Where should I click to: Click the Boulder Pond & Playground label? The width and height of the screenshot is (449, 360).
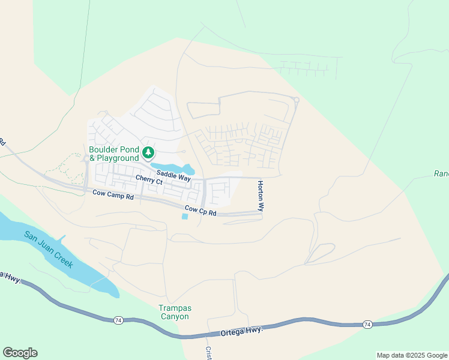tap(114, 154)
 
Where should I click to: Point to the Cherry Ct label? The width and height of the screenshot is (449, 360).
tap(149, 179)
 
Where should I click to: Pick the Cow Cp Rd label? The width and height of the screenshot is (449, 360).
tap(200, 211)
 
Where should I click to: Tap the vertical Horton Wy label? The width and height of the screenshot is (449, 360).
tap(261, 196)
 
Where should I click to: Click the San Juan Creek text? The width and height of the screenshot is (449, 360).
tap(49, 248)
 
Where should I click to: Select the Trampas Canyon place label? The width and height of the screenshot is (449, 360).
tap(174, 312)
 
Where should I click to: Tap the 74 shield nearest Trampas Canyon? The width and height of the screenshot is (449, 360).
tap(118, 321)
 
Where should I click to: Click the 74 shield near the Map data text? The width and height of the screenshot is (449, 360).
tap(367, 325)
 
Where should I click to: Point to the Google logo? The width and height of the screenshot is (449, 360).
tap(20, 353)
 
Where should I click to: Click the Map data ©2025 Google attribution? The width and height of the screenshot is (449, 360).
tap(412, 355)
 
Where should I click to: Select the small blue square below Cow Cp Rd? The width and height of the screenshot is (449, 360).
tap(184, 217)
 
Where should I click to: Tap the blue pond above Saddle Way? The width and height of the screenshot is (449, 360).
tap(174, 168)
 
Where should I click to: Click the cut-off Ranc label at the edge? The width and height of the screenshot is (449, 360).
tap(441, 174)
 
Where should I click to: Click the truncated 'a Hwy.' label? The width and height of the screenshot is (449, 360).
tap(10, 278)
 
